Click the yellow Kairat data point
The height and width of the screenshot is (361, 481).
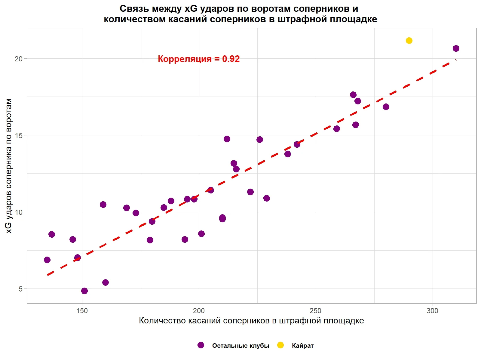tap(409, 41)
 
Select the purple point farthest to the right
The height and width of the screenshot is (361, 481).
tap(456, 48)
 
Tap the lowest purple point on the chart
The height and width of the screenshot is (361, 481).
tap(84, 291)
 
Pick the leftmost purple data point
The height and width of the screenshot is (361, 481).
tap(47, 260)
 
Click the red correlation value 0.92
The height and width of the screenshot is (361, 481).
tap(231, 59)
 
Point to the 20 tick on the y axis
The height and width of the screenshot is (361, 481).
tap(19, 59)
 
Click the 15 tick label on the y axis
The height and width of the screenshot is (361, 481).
tap(19, 135)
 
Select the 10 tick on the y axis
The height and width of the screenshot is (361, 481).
tap(19, 212)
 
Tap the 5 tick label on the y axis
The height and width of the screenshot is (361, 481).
tap(20, 289)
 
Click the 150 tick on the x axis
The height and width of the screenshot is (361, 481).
tap(82, 311)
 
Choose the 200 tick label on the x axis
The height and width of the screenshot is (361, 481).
tap(199, 311)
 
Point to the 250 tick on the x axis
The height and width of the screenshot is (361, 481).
tap(315, 311)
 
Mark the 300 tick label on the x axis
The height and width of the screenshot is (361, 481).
tap(432, 311)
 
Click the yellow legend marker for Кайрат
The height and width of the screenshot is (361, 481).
tap(280, 345)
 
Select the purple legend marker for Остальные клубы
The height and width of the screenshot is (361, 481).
tap(201, 345)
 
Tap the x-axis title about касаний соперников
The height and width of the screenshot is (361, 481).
tap(251, 321)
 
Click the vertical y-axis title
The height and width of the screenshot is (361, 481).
tap(9, 165)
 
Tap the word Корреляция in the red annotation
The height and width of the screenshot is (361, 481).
tap(185, 59)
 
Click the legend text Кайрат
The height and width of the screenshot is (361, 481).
tap(302, 346)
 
